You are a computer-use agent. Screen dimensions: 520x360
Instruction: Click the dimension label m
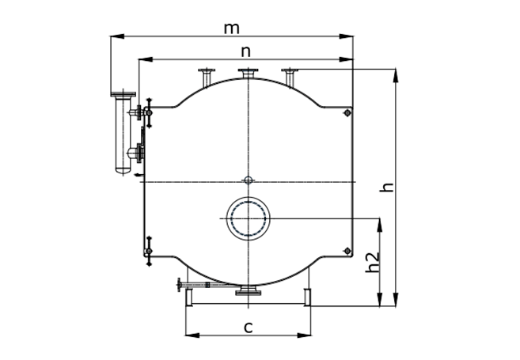pyautogui.click(x=231, y=28)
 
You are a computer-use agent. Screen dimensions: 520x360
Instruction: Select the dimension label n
pyautogui.click(x=245, y=51)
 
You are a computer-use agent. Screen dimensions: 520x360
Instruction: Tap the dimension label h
pyautogui.click(x=386, y=188)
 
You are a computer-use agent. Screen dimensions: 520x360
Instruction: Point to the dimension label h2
pyautogui.click(x=372, y=262)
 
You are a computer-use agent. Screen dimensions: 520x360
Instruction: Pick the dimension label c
pyautogui.click(x=249, y=328)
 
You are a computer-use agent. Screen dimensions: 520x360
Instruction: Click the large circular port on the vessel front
pyautogui.click(x=248, y=218)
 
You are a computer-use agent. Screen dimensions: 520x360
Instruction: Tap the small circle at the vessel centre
pyautogui.click(x=248, y=180)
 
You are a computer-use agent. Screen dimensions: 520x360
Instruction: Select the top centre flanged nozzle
pyautogui.click(x=248, y=74)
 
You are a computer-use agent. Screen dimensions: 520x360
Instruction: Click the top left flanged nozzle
pyautogui.click(x=207, y=78)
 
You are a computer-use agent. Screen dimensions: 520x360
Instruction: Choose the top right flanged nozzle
pyautogui.click(x=290, y=78)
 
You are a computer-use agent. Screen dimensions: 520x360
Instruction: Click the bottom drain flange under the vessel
pyautogui.click(x=248, y=290)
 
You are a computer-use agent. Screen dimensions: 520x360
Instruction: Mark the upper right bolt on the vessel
pyautogui.click(x=347, y=113)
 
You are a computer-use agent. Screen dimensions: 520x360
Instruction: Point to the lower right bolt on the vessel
pyautogui.click(x=347, y=251)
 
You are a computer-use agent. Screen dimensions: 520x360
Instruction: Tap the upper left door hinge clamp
pyautogui.click(x=149, y=112)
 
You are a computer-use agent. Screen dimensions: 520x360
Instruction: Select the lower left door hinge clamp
pyautogui.click(x=149, y=251)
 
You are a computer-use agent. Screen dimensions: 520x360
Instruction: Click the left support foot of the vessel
pyautogui.click(x=189, y=297)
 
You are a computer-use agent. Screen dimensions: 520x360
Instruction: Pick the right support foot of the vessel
pyautogui.click(x=307, y=297)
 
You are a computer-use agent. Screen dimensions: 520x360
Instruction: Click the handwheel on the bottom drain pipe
pyautogui.click(x=180, y=285)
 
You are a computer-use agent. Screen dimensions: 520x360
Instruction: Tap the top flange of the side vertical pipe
pyautogui.click(x=123, y=94)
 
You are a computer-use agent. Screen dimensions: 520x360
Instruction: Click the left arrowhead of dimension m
pyautogui.click(x=117, y=36)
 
